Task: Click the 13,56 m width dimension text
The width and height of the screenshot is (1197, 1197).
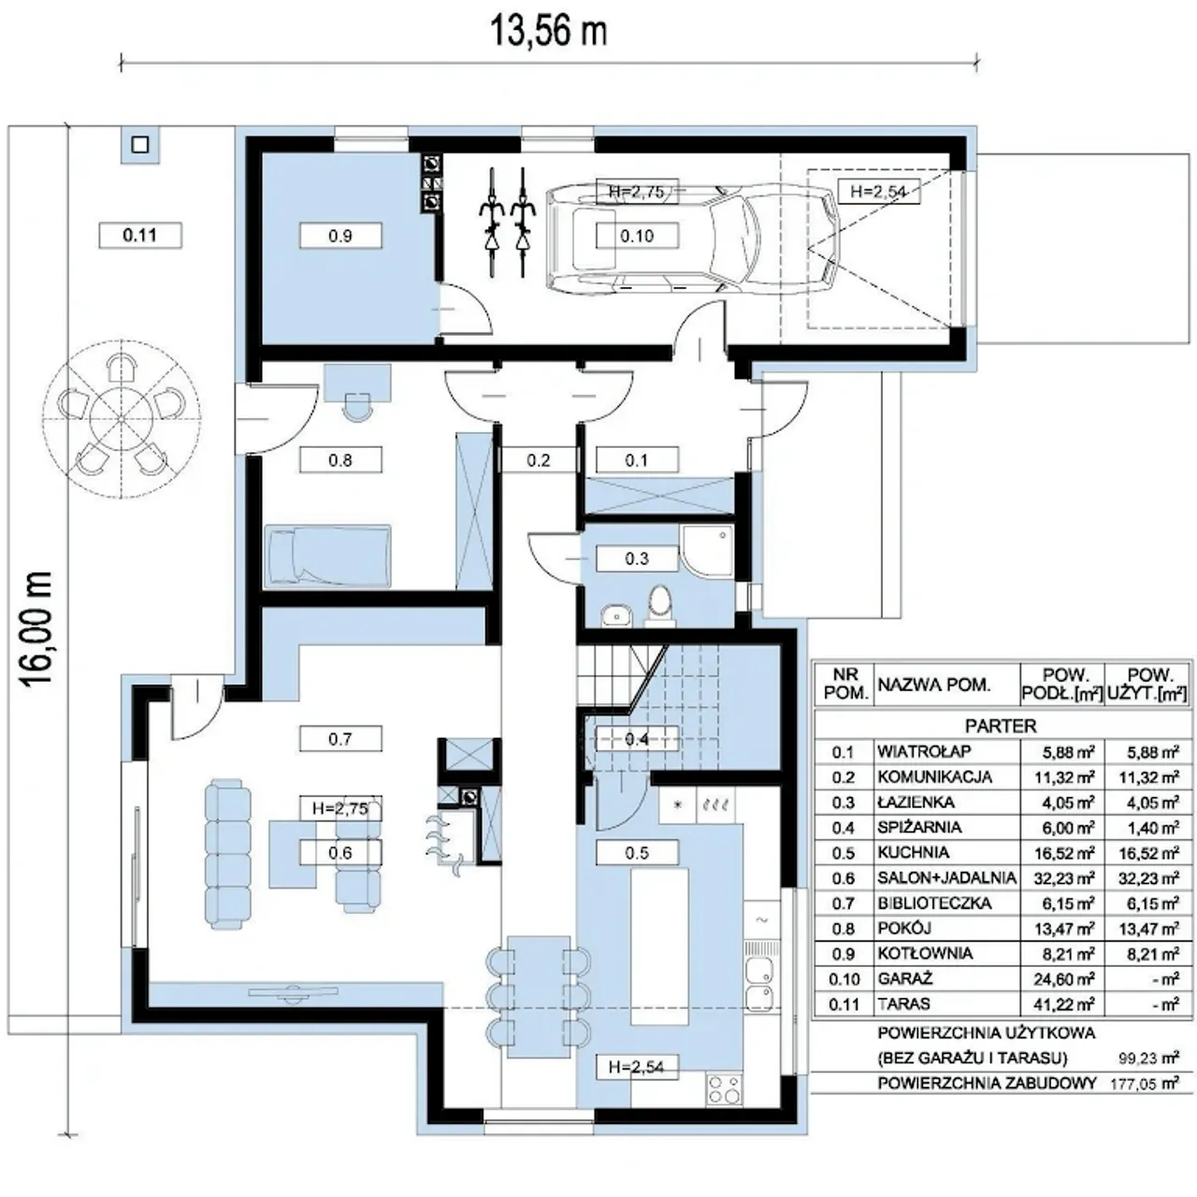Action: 549,31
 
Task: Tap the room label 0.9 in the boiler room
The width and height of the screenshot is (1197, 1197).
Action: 340,236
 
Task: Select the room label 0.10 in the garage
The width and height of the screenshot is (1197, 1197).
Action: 637,236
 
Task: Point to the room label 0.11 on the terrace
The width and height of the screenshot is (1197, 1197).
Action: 139,236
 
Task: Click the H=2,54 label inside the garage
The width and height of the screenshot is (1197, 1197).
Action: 878,192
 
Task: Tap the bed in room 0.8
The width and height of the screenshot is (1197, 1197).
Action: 327,555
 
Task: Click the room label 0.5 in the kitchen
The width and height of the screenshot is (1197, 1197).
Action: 637,853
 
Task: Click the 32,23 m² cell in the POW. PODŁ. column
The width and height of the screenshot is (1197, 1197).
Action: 1064,878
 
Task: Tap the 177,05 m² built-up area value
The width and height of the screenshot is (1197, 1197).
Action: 1145,1084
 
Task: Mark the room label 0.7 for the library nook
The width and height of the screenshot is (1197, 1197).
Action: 340,739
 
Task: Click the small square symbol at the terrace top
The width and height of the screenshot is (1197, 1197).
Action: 140,145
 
